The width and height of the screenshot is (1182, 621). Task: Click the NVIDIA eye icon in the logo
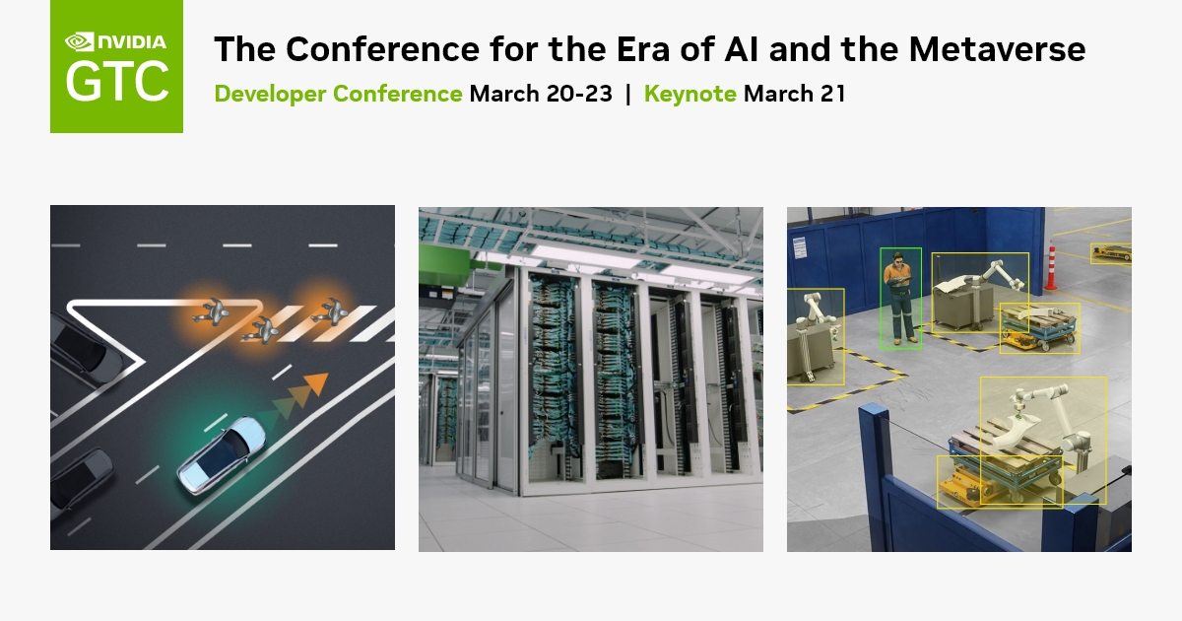point(79,41)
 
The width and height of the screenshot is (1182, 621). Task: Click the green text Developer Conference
point(338,95)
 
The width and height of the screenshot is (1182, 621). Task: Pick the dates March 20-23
point(541,95)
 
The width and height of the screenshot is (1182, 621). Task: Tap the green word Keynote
point(689,95)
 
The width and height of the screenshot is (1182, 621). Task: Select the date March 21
point(794,95)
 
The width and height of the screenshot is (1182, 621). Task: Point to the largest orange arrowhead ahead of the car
point(315,382)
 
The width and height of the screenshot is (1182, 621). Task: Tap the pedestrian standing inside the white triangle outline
point(213,312)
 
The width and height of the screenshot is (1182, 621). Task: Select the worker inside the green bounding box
point(899,298)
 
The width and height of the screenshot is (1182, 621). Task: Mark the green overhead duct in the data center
point(434,265)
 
